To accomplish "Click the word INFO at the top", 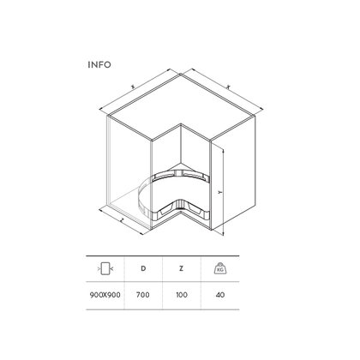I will (99, 63).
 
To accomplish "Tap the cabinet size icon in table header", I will (104, 269).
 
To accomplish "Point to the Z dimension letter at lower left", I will (123, 221).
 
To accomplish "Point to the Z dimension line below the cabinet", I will (127, 225).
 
